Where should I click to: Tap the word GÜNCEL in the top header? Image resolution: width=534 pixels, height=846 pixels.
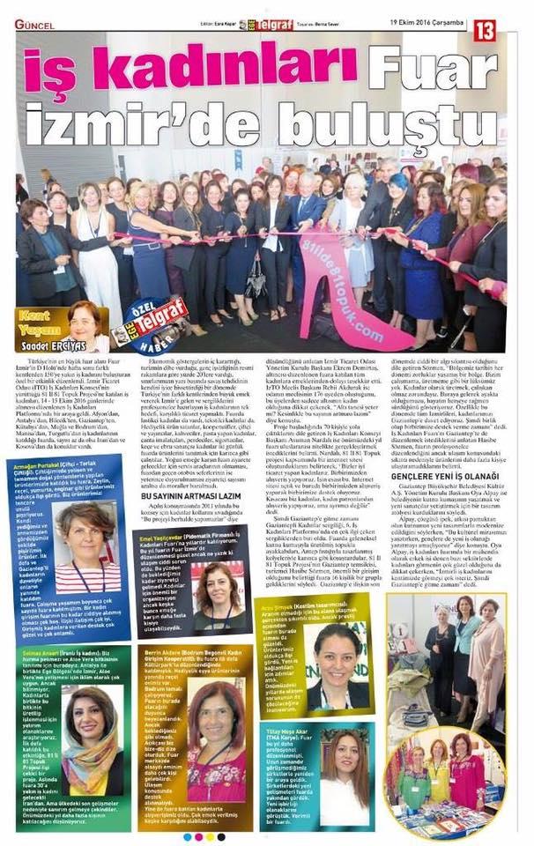coord(34,24)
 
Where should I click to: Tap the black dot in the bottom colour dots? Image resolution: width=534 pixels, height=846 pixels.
coord(220,837)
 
